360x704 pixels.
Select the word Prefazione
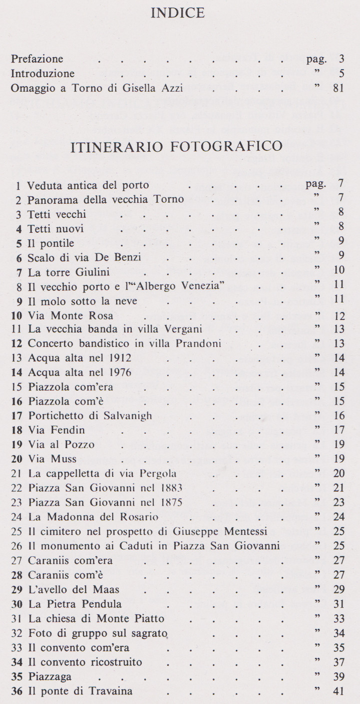(x=37, y=60)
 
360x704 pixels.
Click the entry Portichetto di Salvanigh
(x=90, y=416)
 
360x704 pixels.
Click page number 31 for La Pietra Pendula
(x=338, y=604)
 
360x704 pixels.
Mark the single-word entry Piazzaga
(x=50, y=677)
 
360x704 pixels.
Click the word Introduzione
(x=43, y=74)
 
